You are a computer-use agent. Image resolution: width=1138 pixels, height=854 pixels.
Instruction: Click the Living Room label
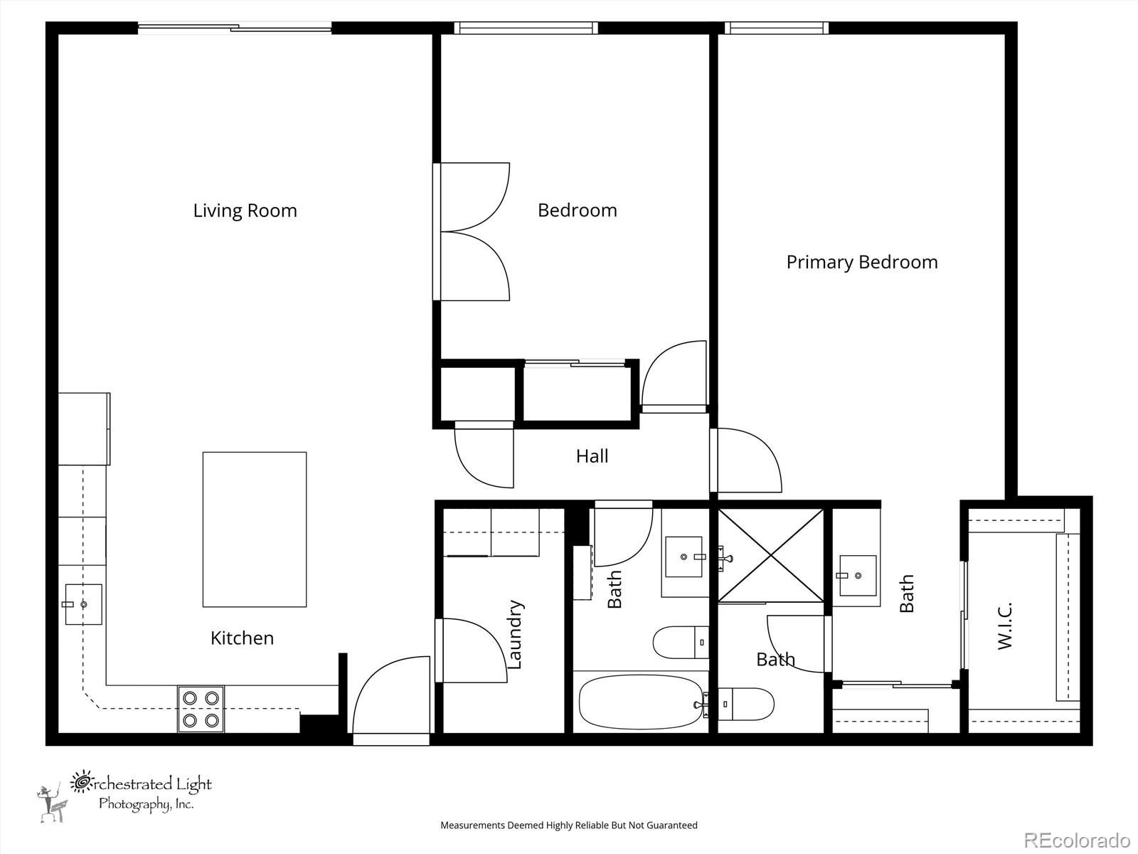(245, 211)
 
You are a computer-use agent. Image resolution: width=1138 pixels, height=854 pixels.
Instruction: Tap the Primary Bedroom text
(861, 263)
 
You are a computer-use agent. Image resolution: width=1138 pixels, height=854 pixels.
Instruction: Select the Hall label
(592, 456)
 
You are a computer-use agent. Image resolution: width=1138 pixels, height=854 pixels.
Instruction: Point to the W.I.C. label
(1004, 626)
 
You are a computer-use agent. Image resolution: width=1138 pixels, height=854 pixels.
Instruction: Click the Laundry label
(514, 635)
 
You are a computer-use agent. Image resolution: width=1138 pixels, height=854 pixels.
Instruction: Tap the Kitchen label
(242, 638)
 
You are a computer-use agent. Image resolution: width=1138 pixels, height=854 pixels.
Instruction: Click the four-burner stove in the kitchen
(201, 710)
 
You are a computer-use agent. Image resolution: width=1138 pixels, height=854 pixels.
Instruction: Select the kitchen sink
(83, 605)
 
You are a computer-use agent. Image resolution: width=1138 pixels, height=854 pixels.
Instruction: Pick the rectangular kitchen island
(255, 529)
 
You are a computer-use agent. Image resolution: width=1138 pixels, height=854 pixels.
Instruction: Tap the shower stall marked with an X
(770, 555)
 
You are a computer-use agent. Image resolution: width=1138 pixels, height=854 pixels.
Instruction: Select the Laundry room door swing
(472, 650)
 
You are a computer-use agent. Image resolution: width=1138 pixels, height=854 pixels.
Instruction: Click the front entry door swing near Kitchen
(392, 695)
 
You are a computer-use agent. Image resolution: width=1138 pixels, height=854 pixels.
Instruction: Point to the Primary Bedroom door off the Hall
(746, 460)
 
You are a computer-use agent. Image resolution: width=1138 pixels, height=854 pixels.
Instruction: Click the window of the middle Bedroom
(526, 28)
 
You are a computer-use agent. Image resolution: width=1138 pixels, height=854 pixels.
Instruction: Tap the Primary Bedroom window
(776, 28)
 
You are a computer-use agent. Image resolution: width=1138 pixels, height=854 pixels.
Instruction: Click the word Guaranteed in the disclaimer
(672, 826)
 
